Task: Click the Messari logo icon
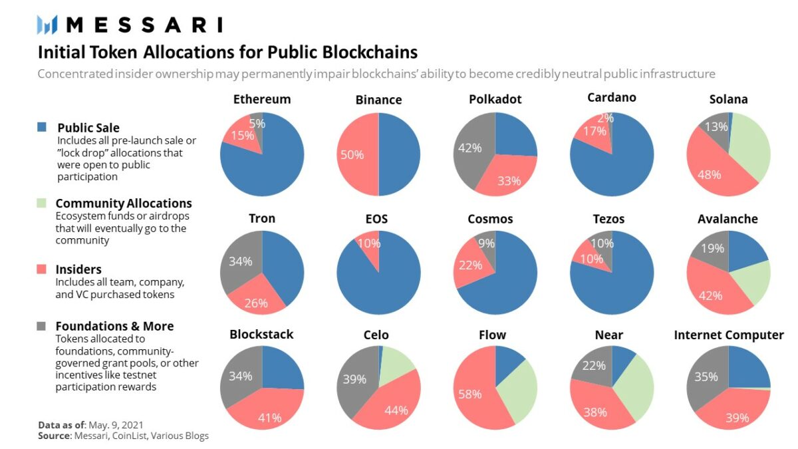tap(49, 25)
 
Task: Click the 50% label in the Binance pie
tap(352, 155)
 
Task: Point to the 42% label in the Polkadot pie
tap(469, 148)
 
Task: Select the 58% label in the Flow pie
tap(469, 394)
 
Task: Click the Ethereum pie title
tap(262, 99)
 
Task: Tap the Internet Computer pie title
tap(729, 335)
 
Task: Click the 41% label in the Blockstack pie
tap(270, 418)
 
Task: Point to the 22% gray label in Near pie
tap(594, 365)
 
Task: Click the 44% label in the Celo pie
tap(396, 410)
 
